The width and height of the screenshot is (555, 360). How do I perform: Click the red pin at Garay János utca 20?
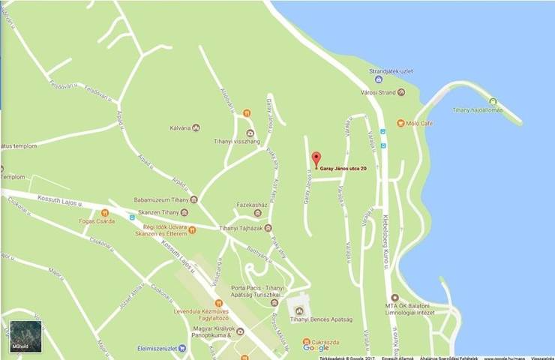click(x=316, y=159)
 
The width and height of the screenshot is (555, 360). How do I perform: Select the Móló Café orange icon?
click(x=401, y=123)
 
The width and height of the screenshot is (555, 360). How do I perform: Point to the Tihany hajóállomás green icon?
click(x=493, y=101)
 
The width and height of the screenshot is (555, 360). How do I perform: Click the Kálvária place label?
click(x=178, y=128)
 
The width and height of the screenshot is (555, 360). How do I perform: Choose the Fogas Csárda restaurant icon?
click(x=105, y=213)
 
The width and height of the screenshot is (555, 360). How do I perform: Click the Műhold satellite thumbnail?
click(x=25, y=336)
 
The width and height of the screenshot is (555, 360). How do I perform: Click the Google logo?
click(x=316, y=348)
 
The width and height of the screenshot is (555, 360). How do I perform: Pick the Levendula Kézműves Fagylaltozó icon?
click(x=218, y=302)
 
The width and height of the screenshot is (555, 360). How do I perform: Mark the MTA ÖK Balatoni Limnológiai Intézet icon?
click(x=395, y=298)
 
